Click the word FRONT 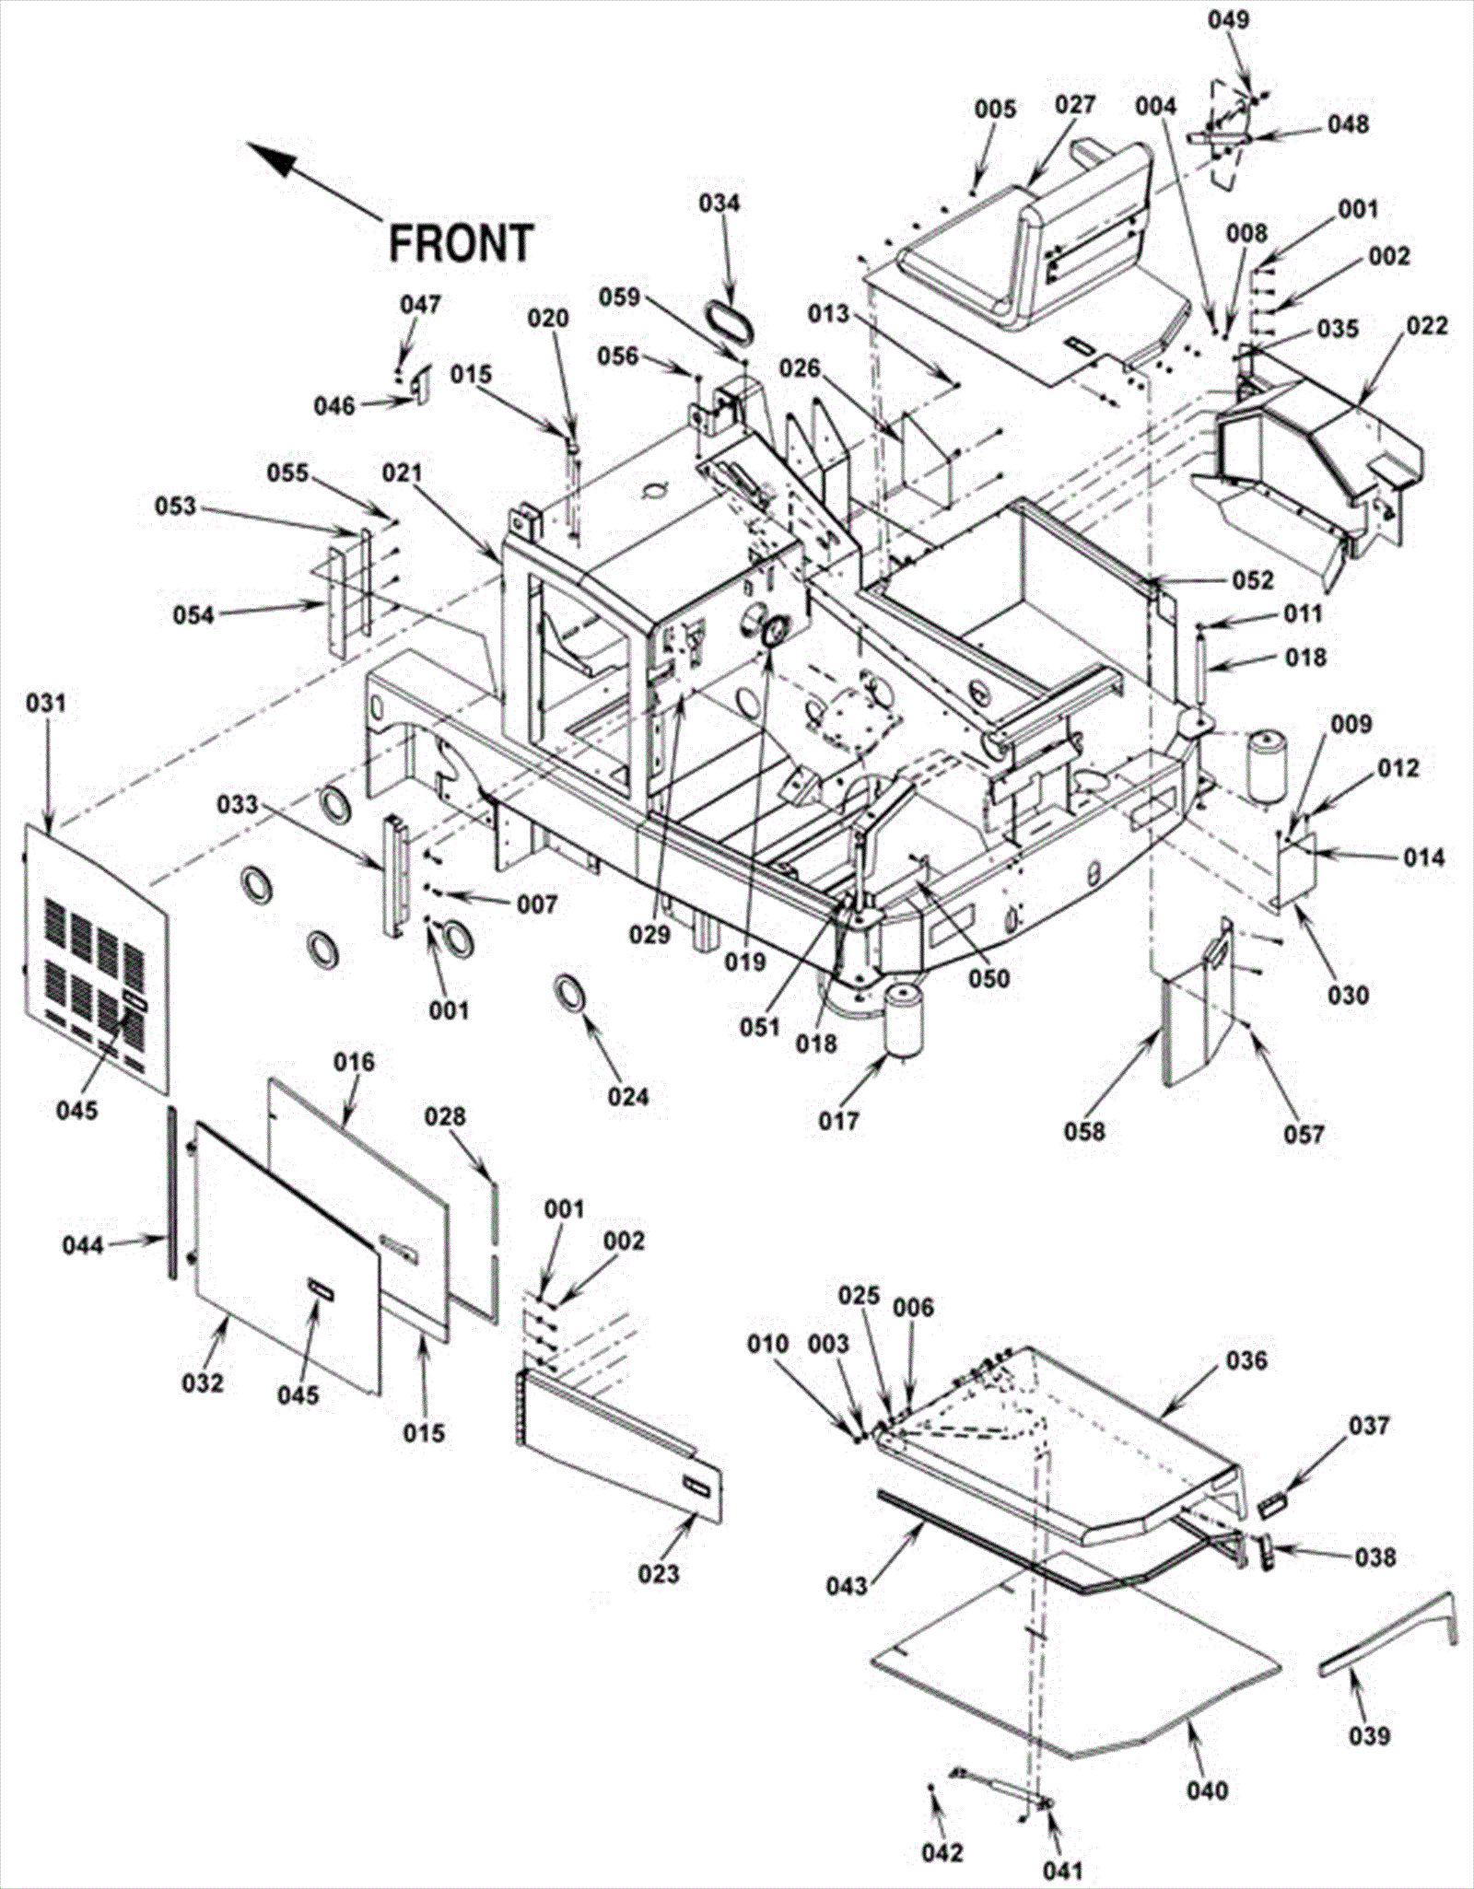coord(461,243)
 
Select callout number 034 coord(719,202)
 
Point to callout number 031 coord(46,704)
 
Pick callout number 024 coord(628,1096)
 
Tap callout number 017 coord(838,1121)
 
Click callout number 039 coord(1369,1735)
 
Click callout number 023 coord(659,1573)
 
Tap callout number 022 coord(1427,326)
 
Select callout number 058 coord(1084,1130)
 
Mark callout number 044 coord(83,1245)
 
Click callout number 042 coord(942,1852)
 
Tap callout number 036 coord(1246,1359)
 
